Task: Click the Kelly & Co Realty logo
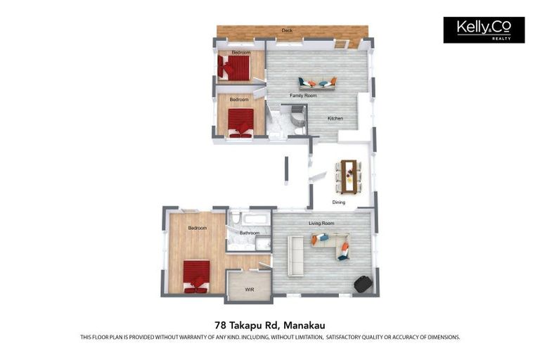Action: tap(484, 30)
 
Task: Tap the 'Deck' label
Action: tap(287, 31)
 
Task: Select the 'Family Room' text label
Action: tap(303, 96)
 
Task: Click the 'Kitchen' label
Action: tap(335, 118)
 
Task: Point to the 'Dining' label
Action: tap(339, 202)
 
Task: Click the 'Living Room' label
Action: tap(321, 224)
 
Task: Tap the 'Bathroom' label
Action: tap(250, 233)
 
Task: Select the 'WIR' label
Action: tap(249, 290)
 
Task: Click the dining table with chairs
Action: tap(349, 176)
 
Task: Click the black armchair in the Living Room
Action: tap(362, 283)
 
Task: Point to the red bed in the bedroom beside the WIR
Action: tap(196, 275)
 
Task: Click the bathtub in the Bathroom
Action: tap(250, 218)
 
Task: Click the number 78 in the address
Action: tap(221, 325)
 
